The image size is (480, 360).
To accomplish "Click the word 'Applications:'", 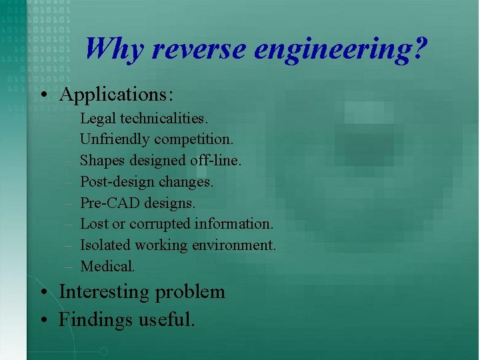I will [116, 94].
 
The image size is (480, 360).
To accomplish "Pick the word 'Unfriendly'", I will [115, 140].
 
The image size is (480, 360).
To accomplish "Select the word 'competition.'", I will [193, 140].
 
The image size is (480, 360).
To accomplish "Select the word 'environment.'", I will [234, 245].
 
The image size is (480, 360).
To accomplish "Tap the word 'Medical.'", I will [107, 266].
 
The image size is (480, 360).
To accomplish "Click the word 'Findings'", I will [95, 320].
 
